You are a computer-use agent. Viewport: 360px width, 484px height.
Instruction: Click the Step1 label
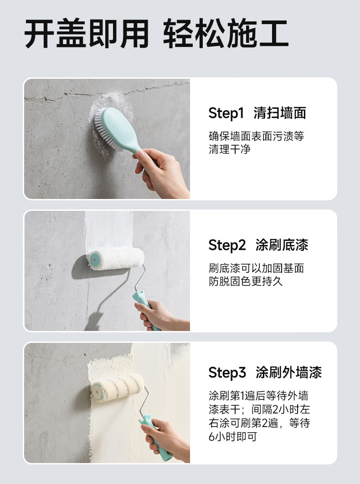[x=226, y=113]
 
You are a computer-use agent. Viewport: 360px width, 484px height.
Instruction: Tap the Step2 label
[x=227, y=245]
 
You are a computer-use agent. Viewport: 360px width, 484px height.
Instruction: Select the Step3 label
[x=227, y=372]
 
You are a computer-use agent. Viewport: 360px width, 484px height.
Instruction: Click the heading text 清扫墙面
[x=280, y=113]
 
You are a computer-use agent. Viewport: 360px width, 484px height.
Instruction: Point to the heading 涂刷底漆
[x=282, y=245]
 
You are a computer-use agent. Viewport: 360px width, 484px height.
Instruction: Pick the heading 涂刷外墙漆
[x=288, y=372]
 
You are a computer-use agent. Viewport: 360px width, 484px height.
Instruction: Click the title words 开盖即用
[x=87, y=33]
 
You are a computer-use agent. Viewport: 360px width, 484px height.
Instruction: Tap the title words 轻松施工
[x=226, y=33]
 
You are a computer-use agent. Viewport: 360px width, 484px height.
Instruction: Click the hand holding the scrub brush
[x=161, y=173]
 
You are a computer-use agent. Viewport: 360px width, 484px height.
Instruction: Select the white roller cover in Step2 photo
[x=117, y=259]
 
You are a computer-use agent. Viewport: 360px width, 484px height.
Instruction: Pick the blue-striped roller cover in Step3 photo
[x=118, y=387]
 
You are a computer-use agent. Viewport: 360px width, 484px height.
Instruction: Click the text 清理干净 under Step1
[x=230, y=149]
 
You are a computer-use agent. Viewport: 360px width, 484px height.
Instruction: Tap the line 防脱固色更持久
[x=246, y=281]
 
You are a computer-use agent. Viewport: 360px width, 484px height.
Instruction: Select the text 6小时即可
[x=233, y=437]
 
